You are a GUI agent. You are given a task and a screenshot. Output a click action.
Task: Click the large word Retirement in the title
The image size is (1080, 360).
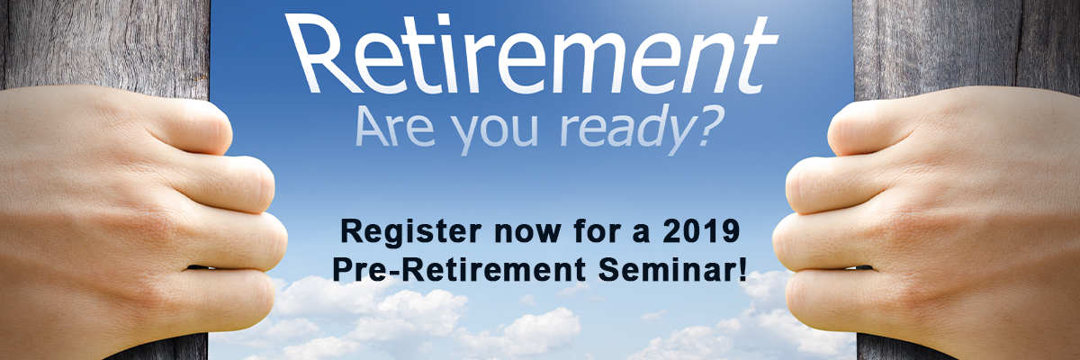[531, 53]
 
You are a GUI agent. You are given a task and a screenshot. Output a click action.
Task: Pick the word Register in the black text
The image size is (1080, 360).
[410, 233]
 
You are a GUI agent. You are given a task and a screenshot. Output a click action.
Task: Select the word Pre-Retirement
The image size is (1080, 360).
[458, 269]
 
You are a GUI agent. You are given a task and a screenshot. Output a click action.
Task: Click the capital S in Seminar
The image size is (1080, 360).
[608, 269]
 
